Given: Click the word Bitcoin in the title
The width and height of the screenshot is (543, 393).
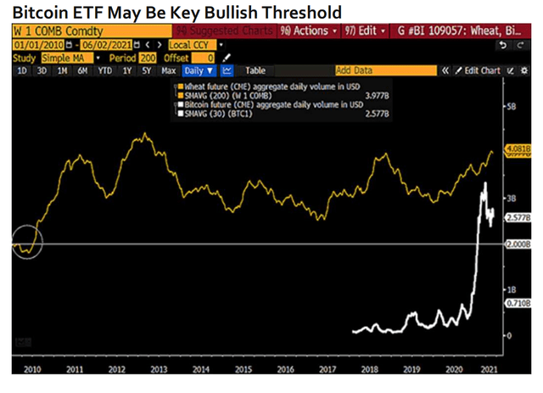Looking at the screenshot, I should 41,13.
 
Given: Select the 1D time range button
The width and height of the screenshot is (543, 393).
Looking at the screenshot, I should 21,70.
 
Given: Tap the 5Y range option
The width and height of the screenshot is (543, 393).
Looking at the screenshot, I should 146,70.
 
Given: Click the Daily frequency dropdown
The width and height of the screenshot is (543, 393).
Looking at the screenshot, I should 199,70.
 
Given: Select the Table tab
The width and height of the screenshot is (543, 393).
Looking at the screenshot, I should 255,70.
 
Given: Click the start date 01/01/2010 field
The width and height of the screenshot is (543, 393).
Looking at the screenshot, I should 38,44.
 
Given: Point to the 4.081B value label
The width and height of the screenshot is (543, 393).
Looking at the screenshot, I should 516,149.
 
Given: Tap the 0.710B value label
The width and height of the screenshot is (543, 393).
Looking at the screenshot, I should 516,303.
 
